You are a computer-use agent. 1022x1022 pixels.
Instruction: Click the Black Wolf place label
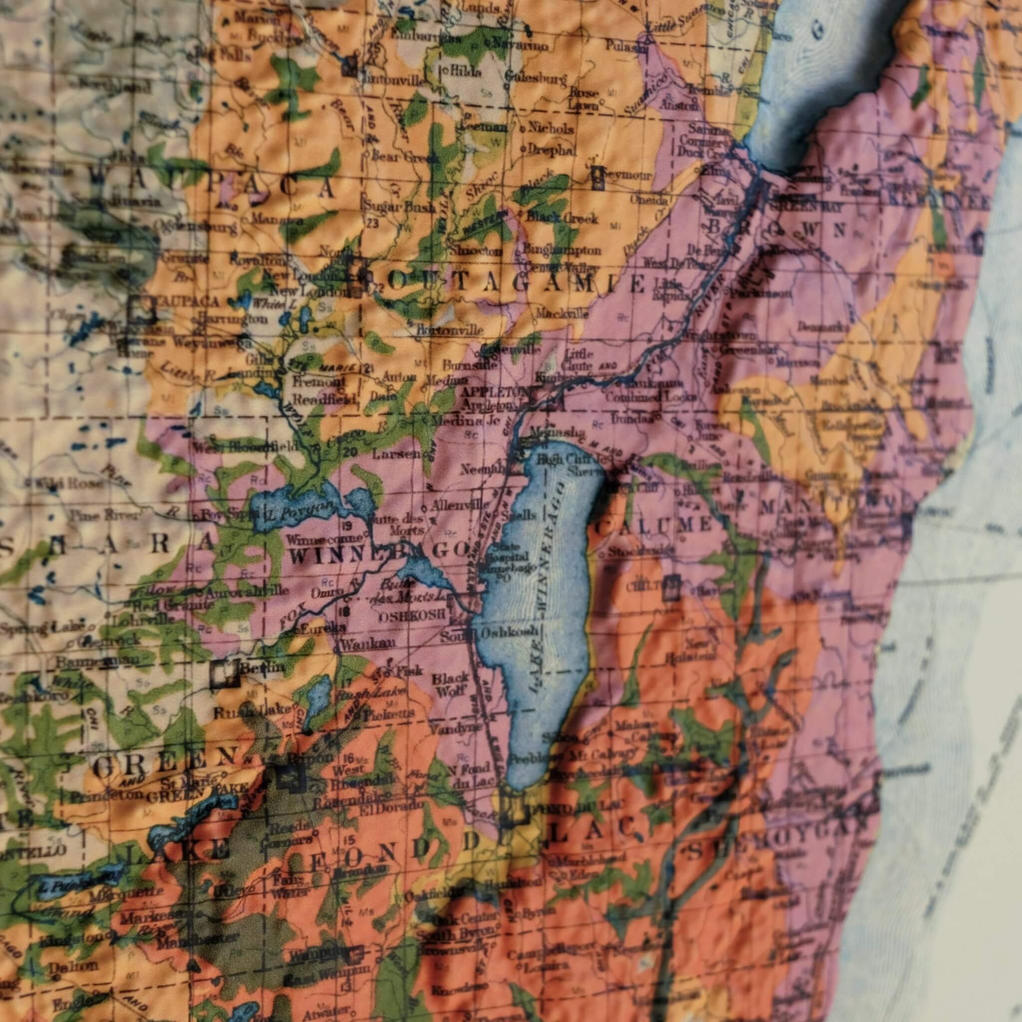click(x=450, y=684)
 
